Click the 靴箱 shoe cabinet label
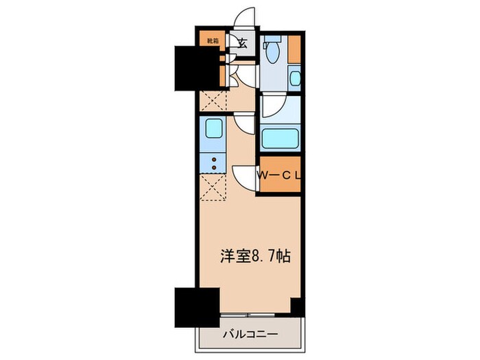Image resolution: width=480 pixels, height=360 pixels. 213,40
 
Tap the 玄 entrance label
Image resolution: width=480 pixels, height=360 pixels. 242,43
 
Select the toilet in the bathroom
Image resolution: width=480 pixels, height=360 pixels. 274,50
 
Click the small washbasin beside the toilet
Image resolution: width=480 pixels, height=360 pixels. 295,77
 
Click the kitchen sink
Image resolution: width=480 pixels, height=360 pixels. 213,129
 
